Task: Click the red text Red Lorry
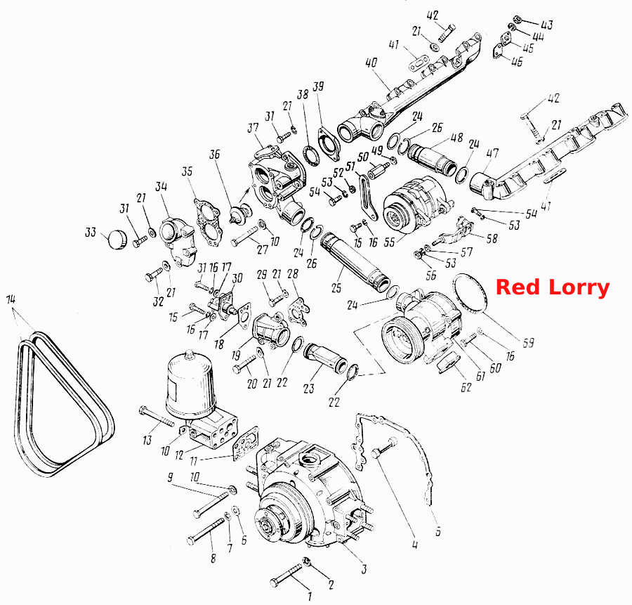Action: [x=553, y=287]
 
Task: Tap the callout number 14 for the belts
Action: [x=11, y=299]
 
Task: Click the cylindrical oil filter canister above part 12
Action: [x=190, y=383]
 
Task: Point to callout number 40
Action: [x=371, y=63]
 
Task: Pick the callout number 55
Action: [x=389, y=242]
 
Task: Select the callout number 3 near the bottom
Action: [x=364, y=569]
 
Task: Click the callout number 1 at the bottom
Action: [x=310, y=596]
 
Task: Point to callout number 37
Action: [x=253, y=128]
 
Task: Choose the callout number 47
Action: [x=492, y=153]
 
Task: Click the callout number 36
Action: [x=215, y=154]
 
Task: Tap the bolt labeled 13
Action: [x=157, y=417]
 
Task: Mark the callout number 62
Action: [x=466, y=387]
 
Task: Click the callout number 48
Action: [x=456, y=138]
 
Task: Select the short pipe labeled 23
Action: [x=326, y=357]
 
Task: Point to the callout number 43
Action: [x=546, y=25]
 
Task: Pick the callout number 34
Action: [x=162, y=186]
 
